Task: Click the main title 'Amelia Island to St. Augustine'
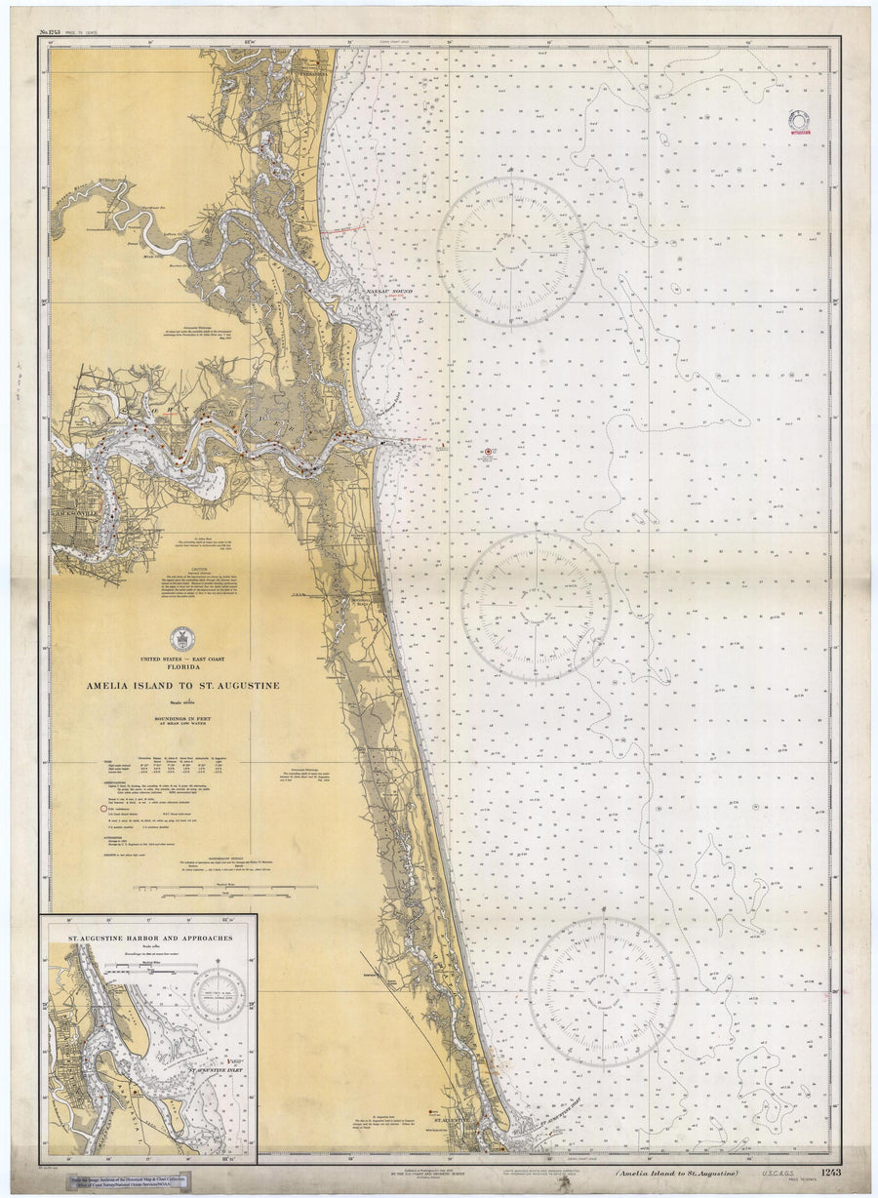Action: (181, 686)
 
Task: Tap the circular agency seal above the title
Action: (181, 638)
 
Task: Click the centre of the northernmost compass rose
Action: (511, 251)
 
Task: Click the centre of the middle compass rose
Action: (537, 605)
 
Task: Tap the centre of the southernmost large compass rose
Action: (604, 991)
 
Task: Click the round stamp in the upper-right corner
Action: (800, 121)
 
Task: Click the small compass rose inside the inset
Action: (218, 994)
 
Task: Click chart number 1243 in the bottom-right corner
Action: (830, 1173)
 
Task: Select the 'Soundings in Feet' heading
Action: (181, 720)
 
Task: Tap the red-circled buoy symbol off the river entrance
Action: (490, 452)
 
